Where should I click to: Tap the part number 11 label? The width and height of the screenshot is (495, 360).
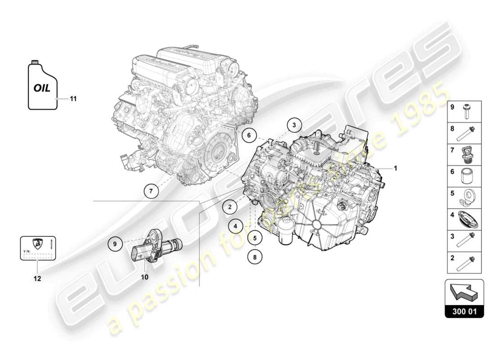73,98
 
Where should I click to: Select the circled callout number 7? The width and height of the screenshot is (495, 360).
152,191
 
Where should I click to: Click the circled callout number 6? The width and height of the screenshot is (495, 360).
248,134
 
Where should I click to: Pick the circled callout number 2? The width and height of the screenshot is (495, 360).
229,207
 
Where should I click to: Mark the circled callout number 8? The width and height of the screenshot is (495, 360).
254,257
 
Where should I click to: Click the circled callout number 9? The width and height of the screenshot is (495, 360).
115,243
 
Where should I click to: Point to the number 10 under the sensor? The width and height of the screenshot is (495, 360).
144,277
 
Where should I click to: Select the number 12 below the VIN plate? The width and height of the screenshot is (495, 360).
37,279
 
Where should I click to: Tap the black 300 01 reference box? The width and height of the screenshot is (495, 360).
464,311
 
